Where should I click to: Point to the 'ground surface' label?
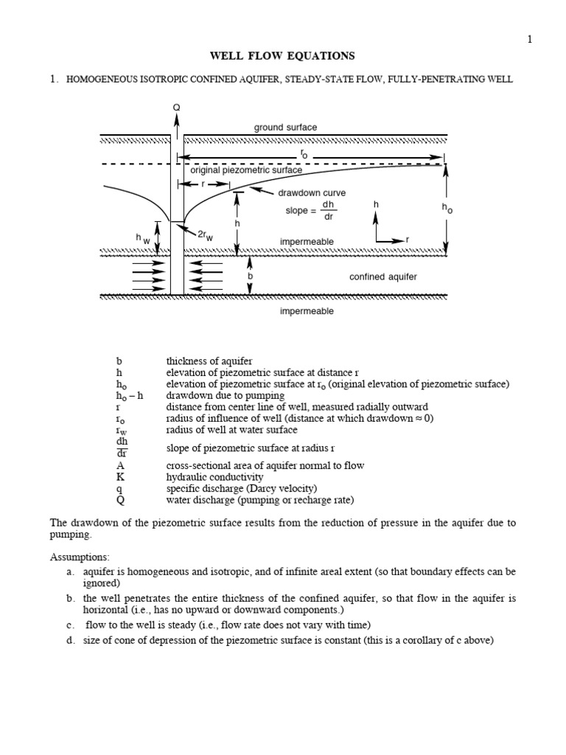click(x=286, y=127)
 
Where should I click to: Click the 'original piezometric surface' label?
click(x=246, y=170)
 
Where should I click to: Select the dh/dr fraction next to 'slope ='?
click(x=329, y=210)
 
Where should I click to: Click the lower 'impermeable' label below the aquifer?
click(x=307, y=311)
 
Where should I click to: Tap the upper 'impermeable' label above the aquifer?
click(x=307, y=242)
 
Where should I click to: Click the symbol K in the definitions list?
click(x=120, y=478)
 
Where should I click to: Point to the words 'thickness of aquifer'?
click(x=209, y=361)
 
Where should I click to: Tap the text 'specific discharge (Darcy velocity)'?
click(x=241, y=489)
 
